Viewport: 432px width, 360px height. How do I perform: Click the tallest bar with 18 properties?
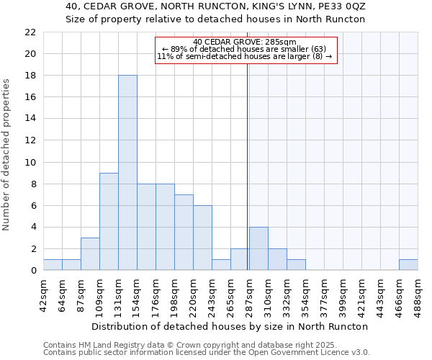tap(127, 173)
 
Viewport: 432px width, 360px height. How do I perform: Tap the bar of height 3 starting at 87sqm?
tap(90, 253)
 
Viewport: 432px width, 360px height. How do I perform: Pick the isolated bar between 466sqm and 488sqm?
tap(408, 264)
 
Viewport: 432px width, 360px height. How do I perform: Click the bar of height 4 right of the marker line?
tap(258, 248)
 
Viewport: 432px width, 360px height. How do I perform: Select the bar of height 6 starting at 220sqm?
tap(202, 238)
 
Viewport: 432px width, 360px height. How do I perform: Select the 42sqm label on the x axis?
tap(43, 294)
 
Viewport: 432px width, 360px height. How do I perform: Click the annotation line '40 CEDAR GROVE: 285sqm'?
tap(245, 42)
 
